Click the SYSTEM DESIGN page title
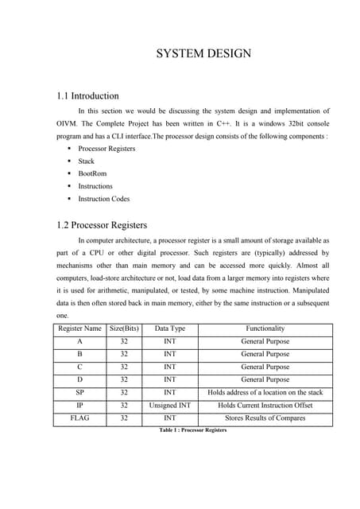click(203, 54)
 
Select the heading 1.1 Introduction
click(87, 96)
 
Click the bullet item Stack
click(86, 161)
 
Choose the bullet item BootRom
click(92, 173)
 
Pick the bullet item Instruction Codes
click(103, 199)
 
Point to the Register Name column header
click(79, 328)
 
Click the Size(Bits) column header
click(123, 328)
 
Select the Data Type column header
click(170, 328)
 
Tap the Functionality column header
click(265, 328)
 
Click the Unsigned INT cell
click(170, 405)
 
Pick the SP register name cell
click(79, 392)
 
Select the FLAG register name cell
click(79, 418)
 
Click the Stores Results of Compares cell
click(265, 418)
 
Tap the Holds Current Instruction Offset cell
click(265, 405)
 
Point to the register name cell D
click(79, 379)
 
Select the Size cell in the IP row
click(123, 405)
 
